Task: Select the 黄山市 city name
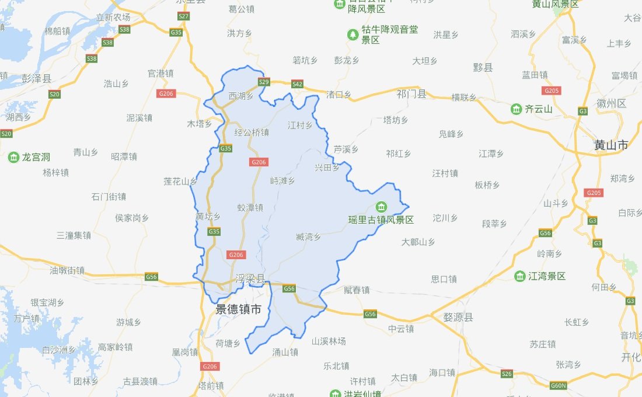[x=611, y=145]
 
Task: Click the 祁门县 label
[x=411, y=94]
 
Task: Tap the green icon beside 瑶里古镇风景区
[x=381, y=207]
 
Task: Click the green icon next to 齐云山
[x=516, y=109]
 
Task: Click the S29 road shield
[x=264, y=82]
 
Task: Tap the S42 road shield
[x=297, y=84]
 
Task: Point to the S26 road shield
[x=507, y=374]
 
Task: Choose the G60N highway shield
[x=559, y=386]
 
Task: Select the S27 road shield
[x=184, y=16]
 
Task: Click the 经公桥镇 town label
[x=252, y=133]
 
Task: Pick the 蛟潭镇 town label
[x=250, y=207]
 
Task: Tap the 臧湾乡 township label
[x=308, y=236]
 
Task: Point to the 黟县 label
[x=483, y=67]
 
